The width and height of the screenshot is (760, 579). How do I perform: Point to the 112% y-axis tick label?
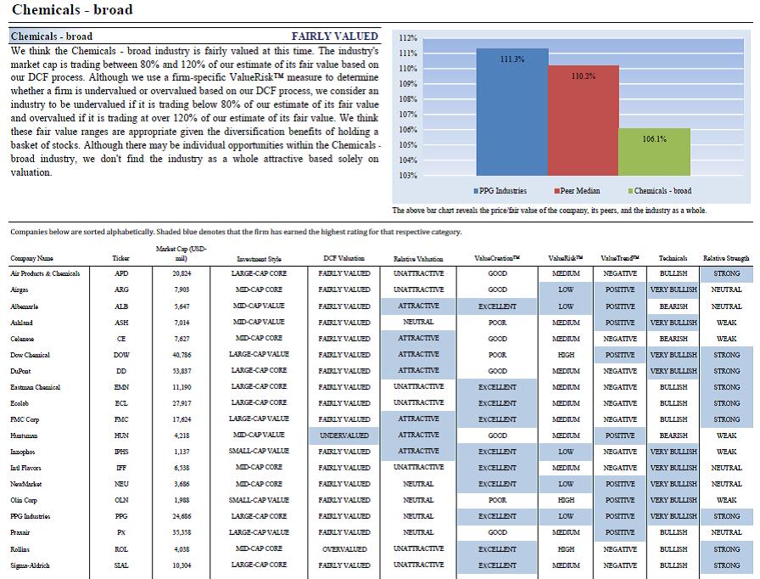(407, 37)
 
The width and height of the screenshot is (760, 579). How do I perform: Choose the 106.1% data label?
(654, 138)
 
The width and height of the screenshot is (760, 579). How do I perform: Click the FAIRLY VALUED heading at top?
(334, 37)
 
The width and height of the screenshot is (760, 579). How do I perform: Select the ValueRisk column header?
(566, 258)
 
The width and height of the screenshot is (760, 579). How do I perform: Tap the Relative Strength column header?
(726, 258)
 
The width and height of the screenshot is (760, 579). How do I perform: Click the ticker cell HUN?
(121, 436)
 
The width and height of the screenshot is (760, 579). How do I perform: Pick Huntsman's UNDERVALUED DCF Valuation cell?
(344, 436)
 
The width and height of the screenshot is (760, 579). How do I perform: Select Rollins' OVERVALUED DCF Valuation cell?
(344, 548)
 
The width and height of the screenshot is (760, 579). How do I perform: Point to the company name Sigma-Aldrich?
(30, 565)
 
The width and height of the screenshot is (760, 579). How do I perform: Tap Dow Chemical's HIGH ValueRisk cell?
(566, 355)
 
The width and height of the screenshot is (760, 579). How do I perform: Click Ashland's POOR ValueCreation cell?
(497, 323)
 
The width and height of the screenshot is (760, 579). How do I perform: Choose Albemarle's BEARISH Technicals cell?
(673, 306)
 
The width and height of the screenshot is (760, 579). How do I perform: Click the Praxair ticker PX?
(121, 532)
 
